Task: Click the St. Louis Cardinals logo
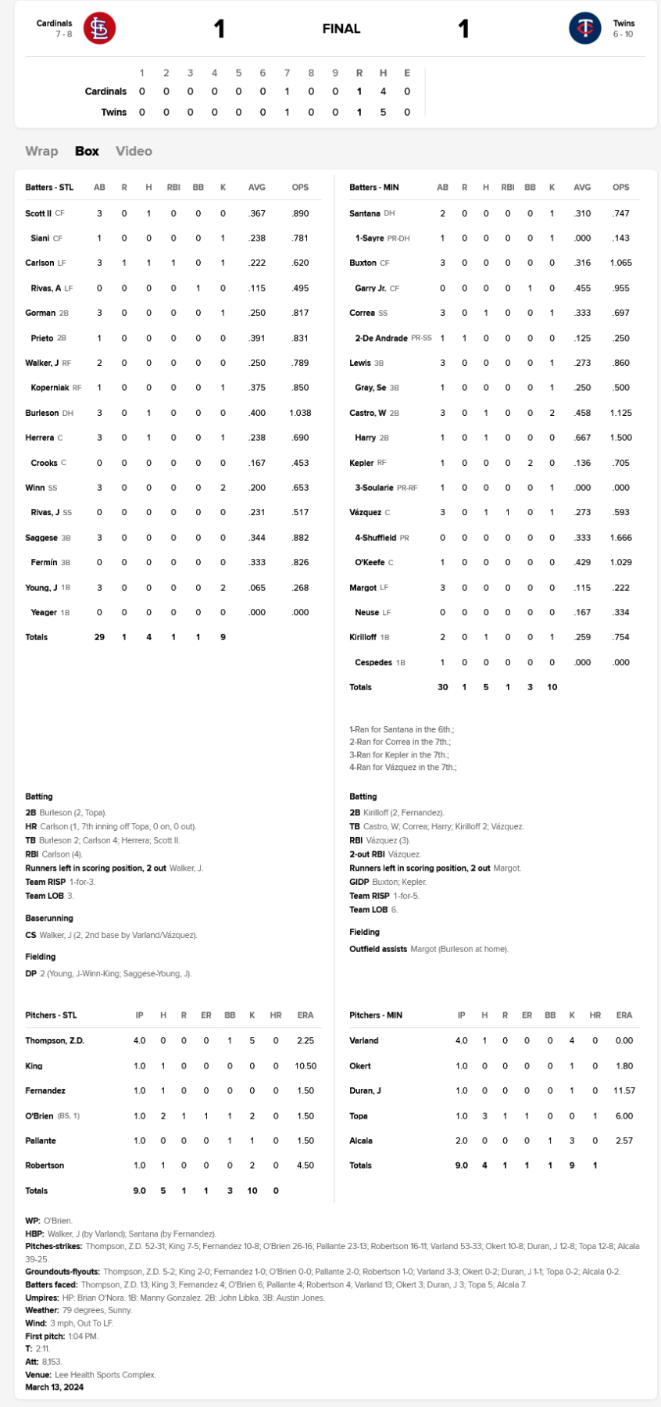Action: pos(99,29)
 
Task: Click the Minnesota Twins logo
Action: pos(584,29)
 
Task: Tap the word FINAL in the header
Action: pos(341,29)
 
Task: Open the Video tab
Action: pos(134,151)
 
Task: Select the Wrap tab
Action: pos(41,151)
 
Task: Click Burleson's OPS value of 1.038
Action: pos(300,413)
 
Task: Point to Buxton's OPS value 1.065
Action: pos(620,263)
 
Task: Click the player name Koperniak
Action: pos(50,388)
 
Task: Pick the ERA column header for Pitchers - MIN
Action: pos(623,1015)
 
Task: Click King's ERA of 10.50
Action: pos(305,1066)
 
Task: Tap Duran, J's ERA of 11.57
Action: pos(623,1090)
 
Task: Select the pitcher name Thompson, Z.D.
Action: pos(55,1041)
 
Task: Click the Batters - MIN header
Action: pos(373,188)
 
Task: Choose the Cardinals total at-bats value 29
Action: pos(99,637)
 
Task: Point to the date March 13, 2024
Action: pos(54,1387)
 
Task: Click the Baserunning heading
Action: pos(49,918)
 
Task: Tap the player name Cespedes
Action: pos(373,663)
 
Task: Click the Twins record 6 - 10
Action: pos(623,34)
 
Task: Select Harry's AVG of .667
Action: pos(582,438)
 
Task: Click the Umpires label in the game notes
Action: pos(42,1298)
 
